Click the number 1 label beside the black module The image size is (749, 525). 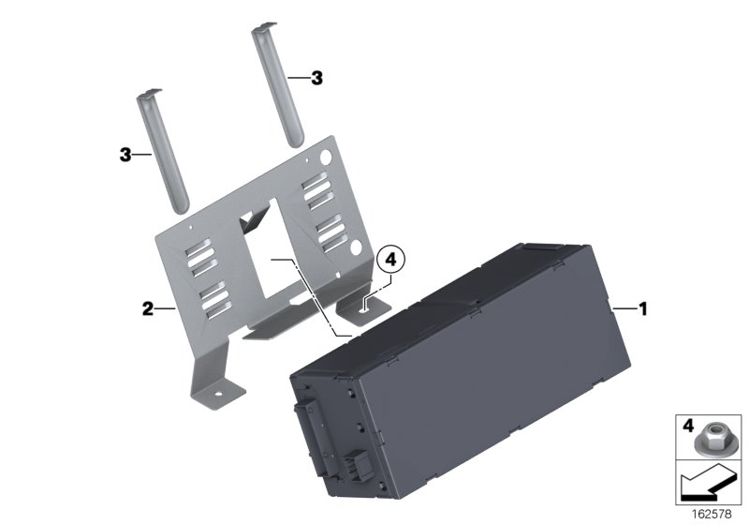coord(641,307)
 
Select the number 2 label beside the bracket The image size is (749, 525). coord(147,308)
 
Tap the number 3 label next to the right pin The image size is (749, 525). coord(316,80)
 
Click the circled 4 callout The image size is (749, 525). coord(391,256)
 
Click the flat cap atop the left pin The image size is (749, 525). coord(151,95)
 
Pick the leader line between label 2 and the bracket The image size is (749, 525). coord(165,308)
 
